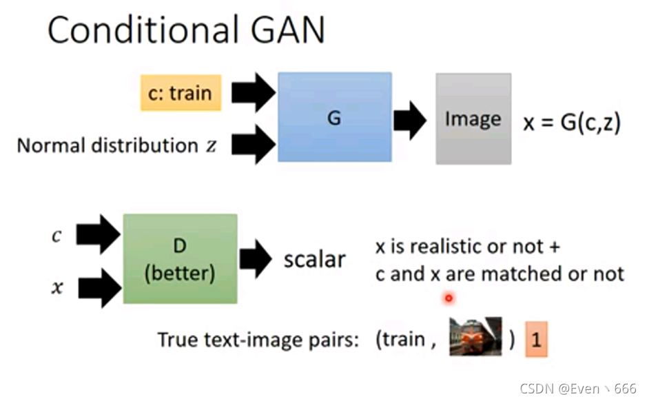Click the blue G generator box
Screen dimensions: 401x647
click(334, 117)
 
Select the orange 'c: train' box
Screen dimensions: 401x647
click(180, 92)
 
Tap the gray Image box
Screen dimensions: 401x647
click(473, 119)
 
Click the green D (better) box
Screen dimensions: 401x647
click(180, 258)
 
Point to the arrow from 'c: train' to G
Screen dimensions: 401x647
click(253, 93)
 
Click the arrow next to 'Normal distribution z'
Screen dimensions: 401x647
click(253, 144)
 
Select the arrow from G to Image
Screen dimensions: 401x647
click(411, 119)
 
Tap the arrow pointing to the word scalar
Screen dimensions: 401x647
click(257, 260)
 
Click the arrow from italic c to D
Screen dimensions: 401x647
click(99, 234)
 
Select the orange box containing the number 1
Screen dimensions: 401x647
click(537, 340)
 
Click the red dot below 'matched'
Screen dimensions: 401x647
click(449, 298)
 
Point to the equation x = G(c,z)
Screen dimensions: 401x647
click(572, 123)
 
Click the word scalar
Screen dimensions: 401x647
click(314, 260)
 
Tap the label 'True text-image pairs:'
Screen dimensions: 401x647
click(258, 340)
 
